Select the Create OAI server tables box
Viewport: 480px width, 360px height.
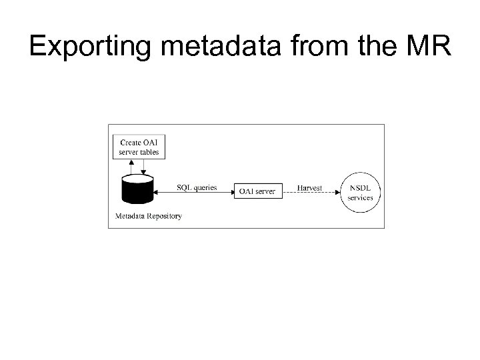139,146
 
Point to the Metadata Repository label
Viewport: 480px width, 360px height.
148,217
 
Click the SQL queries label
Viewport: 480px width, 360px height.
197,187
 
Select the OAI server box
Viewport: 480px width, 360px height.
257,191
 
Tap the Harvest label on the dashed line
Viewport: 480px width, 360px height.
309,187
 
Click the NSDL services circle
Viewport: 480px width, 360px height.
361,192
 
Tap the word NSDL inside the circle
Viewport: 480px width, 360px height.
361,187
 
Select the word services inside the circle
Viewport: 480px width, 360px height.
361,197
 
